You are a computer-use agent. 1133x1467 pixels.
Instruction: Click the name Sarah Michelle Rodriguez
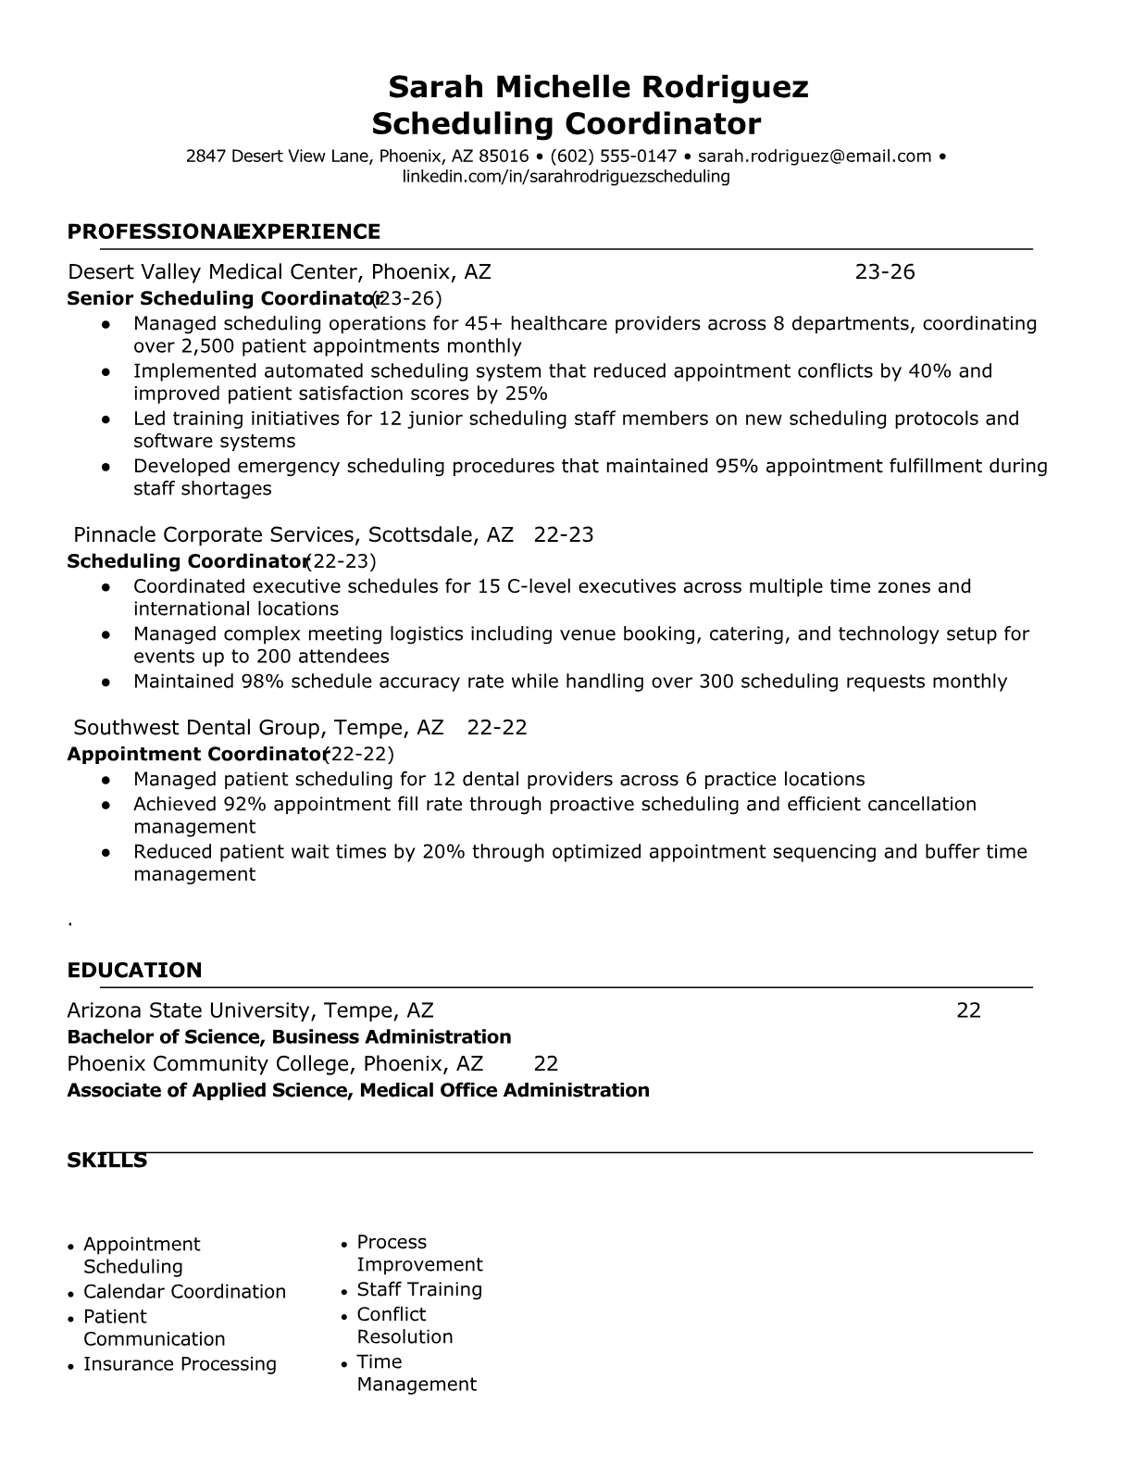coord(598,87)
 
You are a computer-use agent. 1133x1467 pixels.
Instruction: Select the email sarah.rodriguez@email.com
coord(814,156)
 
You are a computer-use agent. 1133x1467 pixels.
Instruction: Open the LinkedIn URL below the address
coord(566,176)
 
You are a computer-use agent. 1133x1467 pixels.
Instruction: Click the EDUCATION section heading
coord(134,971)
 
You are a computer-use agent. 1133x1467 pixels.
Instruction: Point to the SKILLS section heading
coord(106,1160)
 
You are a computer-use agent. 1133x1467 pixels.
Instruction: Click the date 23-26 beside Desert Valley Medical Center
coord(884,271)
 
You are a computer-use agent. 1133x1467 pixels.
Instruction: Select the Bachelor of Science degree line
coord(289,1036)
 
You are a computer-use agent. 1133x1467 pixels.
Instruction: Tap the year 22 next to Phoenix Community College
coord(546,1063)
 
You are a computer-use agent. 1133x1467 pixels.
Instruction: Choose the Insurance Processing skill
coord(180,1364)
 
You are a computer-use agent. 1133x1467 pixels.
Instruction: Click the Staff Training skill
coord(419,1289)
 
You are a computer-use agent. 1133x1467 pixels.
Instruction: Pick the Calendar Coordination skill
coord(184,1292)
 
